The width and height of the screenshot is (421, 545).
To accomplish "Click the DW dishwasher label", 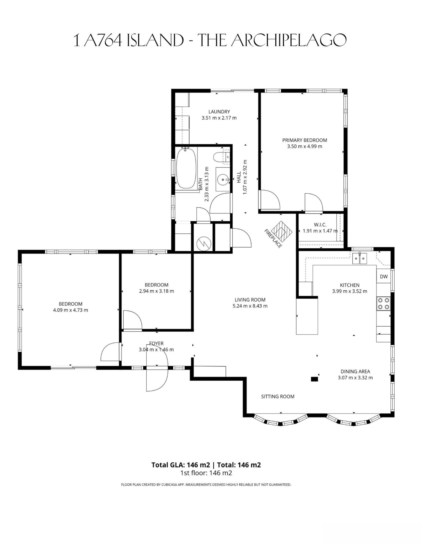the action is pos(384,277).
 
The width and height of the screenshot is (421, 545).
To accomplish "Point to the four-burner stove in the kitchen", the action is pos(383,303).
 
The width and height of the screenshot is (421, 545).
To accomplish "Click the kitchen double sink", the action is pos(360,258).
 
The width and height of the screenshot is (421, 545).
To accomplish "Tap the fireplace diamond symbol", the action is pos(281,231).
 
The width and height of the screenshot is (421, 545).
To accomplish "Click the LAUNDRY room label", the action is pos(219,112).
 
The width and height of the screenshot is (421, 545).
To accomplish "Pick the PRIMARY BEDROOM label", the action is pos(305,140).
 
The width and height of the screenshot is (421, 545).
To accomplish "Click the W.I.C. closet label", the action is pos(320,225).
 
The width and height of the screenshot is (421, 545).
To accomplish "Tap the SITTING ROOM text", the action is pos(278,397).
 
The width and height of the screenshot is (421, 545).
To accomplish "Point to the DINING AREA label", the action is pos(355,371).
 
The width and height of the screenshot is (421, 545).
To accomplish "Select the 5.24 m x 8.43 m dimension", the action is pos(250,306).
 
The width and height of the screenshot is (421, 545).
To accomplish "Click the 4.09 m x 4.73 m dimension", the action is pos(71,310).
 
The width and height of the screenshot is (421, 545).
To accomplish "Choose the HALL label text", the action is pos(239,177).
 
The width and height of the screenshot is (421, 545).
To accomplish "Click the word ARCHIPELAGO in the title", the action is pos(289,41).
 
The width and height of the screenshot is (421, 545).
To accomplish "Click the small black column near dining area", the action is pos(314,379).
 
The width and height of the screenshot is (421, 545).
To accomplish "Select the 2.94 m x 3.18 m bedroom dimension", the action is pos(157,291).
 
